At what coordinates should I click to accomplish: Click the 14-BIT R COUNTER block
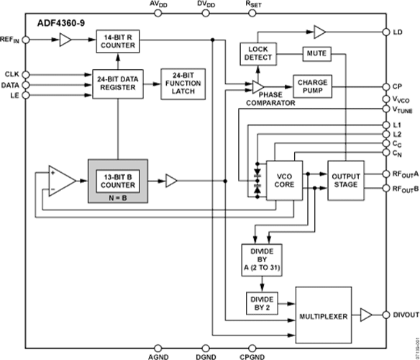118,41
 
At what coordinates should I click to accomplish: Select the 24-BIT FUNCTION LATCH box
183,84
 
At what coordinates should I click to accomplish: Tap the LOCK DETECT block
258,54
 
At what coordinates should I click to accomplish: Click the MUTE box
317,54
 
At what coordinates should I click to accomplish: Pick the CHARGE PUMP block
313,86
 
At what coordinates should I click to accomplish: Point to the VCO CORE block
285,181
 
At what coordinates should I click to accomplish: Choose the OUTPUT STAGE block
346,181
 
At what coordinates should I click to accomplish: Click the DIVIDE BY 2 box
262,303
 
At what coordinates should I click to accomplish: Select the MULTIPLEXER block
324,315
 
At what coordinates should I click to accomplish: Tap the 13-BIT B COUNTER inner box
118,181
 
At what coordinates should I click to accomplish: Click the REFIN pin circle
25,40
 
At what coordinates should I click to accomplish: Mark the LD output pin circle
386,32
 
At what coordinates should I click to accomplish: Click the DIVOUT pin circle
386,315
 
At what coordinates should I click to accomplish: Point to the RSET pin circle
252,13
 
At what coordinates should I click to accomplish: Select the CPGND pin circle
252,348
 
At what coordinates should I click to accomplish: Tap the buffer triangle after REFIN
65,40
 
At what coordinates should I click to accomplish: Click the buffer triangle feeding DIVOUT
366,315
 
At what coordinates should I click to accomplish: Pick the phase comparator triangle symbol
258,87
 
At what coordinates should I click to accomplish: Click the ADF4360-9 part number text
61,23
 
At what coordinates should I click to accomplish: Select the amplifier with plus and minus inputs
62,181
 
